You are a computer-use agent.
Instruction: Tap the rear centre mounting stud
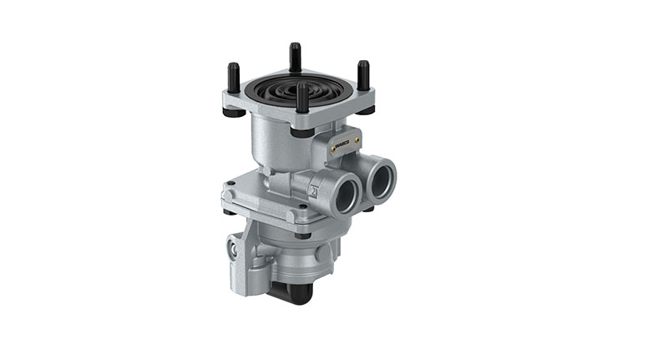295,56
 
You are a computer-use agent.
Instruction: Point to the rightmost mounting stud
363,75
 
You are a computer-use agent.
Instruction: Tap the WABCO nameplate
342,147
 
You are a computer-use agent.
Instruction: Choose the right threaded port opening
384,180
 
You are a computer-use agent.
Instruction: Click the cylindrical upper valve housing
276,142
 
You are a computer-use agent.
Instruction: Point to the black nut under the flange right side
368,209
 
